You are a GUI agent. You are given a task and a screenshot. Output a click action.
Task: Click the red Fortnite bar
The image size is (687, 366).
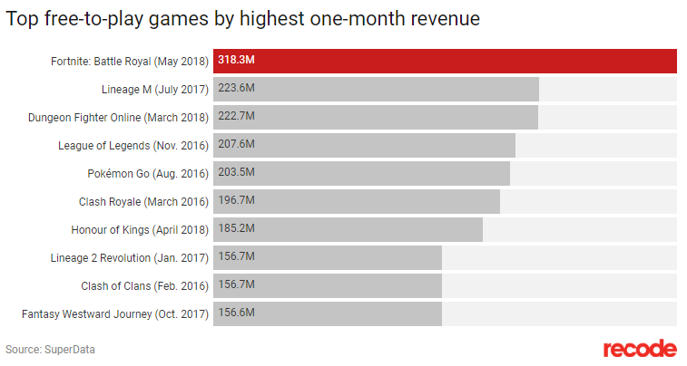click(445, 61)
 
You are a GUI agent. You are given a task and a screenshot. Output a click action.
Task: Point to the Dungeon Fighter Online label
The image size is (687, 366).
click(119, 117)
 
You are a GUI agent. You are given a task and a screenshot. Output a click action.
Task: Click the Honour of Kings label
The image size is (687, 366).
click(141, 229)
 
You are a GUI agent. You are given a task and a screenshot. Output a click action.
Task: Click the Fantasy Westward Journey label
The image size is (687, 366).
click(115, 313)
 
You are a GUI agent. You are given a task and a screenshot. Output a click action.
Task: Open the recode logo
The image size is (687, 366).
click(640, 349)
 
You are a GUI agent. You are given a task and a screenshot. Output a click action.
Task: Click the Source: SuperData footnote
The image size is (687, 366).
click(50, 349)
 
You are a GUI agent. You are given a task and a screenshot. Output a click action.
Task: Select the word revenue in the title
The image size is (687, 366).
click(443, 18)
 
